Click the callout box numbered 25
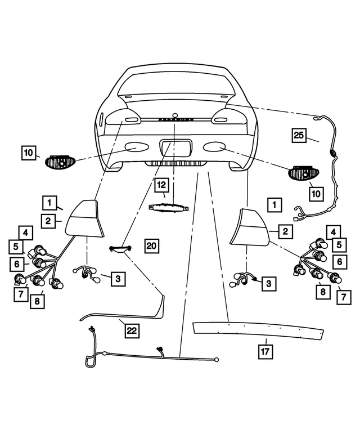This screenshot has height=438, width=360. point(299,135)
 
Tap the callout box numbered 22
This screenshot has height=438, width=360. point(132,331)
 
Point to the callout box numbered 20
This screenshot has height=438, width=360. point(152,245)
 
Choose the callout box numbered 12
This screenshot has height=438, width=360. point(161,184)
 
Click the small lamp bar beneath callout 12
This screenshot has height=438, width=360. point(168,207)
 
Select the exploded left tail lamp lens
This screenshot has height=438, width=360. point(86,220)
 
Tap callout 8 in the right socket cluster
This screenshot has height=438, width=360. point(322,292)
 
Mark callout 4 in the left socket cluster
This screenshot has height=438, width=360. point(24,231)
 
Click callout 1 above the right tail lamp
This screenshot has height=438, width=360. point(274,204)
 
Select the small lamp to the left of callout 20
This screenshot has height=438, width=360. point(121,249)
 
